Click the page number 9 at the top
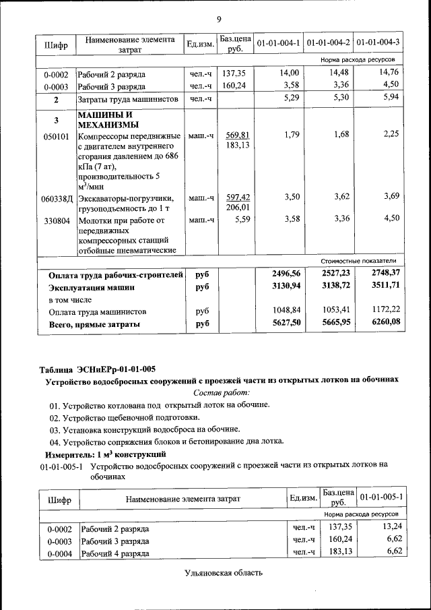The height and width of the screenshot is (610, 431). (220, 19)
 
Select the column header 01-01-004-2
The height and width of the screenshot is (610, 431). (328, 43)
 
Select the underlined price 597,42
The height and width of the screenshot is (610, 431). (238, 197)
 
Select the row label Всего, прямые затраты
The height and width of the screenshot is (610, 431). (94, 325)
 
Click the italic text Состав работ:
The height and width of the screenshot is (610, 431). (221, 392)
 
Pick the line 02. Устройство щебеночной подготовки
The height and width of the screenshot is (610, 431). (135, 417)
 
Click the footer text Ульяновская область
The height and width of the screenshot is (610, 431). (222, 573)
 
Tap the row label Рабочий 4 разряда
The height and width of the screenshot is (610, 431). (114, 553)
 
